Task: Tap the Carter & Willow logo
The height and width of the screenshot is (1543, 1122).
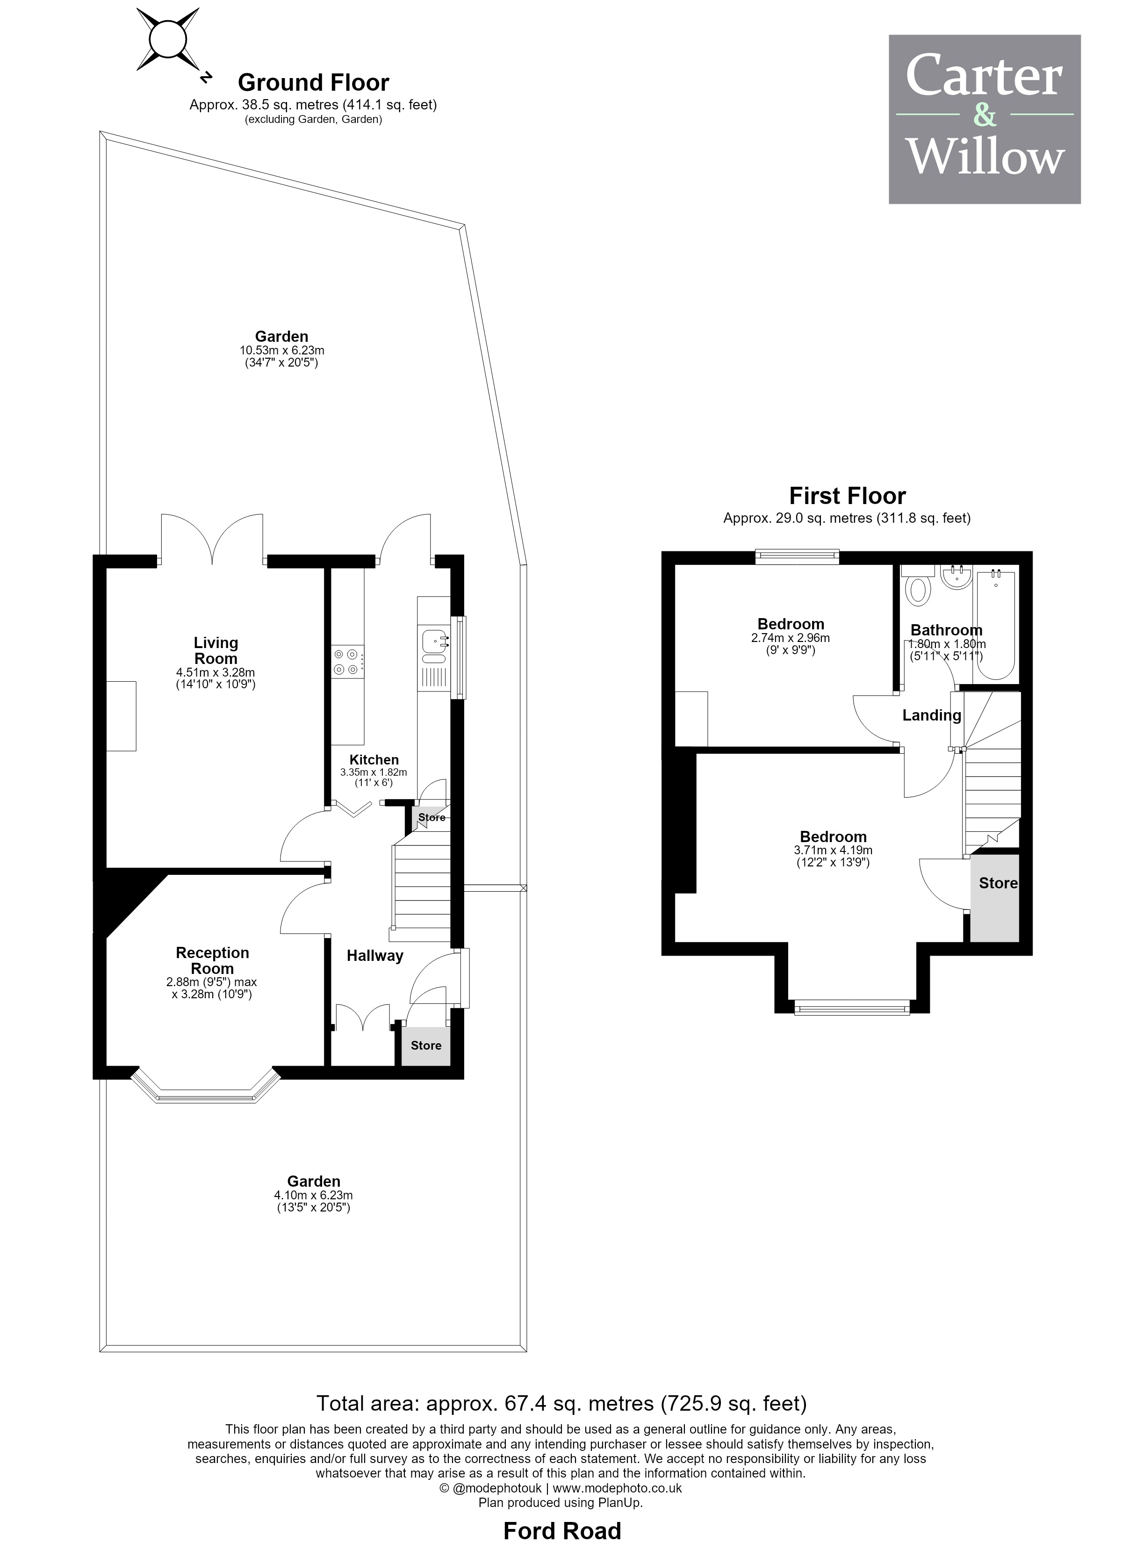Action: (985, 119)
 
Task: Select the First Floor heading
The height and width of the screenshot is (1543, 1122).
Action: (847, 496)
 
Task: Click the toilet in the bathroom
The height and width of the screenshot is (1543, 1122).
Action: (919, 586)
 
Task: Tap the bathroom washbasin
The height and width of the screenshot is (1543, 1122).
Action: (957, 578)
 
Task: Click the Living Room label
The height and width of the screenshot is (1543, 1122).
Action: (216, 650)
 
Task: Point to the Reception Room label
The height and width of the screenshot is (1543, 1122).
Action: (212, 960)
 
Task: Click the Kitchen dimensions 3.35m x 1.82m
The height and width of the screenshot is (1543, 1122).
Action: (374, 772)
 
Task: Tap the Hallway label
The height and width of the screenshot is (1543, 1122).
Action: (375, 956)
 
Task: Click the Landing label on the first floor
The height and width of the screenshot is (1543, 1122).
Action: (931, 715)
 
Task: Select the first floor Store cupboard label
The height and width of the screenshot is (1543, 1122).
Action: (998, 883)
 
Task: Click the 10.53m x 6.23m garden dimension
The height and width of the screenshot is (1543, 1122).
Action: (282, 350)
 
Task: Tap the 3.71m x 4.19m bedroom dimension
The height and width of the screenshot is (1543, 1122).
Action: (833, 851)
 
